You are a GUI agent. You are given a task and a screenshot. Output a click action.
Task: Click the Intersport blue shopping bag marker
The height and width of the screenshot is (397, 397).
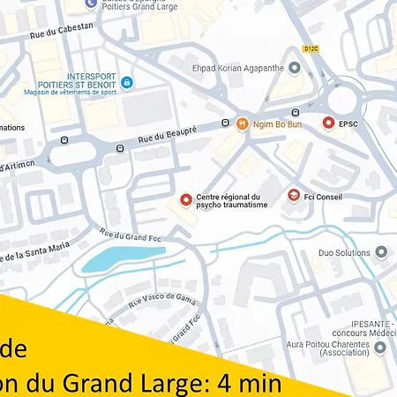[x=126, y=83]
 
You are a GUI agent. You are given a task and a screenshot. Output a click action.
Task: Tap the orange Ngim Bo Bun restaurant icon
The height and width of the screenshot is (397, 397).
[x=242, y=124]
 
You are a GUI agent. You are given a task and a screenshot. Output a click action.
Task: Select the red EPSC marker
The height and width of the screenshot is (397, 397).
[x=328, y=124]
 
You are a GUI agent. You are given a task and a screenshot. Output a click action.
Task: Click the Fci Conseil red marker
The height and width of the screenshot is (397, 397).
[x=293, y=195]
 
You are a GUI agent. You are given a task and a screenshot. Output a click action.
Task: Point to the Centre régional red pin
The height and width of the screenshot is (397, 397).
[x=185, y=200]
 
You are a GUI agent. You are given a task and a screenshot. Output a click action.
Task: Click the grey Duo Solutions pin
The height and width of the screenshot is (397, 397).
[x=381, y=252]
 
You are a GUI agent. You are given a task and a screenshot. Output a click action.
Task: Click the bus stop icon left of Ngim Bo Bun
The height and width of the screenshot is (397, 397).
[x=225, y=124]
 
